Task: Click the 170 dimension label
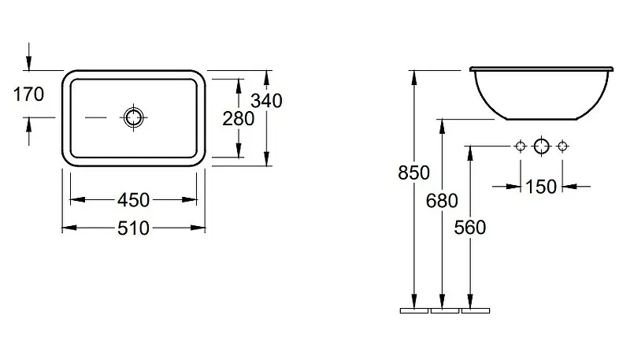coord(28,95)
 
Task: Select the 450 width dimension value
coord(133,199)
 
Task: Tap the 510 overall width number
coord(133,228)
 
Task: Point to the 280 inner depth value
coord(239,118)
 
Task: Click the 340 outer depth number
coord(266,101)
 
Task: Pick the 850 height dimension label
coord(414,173)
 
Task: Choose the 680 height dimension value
coord(442,201)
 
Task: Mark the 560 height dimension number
coord(470,228)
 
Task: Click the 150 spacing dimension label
coord(541,187)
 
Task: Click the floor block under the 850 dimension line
coord(414,310)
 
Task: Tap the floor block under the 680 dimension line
coord(445,310)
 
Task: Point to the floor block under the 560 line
coord(476,310)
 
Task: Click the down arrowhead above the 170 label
coord(28,63)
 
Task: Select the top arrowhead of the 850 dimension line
coord(414,77)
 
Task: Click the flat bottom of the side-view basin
coord(542,119)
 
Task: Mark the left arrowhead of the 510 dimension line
coord(69,228)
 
